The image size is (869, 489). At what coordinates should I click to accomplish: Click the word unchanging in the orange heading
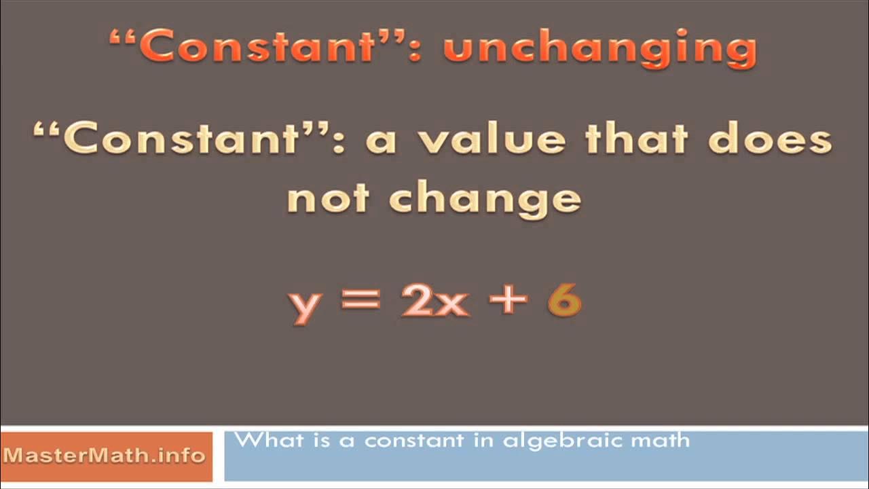tap(599, 50)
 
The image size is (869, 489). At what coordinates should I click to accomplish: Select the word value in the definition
tap(492, 140)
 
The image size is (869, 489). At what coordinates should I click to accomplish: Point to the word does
tap(769, 140)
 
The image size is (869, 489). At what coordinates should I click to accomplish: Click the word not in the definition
tap(327, 198)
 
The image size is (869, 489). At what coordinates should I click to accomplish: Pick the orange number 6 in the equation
tap(564, 300)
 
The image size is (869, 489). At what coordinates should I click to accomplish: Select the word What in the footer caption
tap(261, 440)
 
